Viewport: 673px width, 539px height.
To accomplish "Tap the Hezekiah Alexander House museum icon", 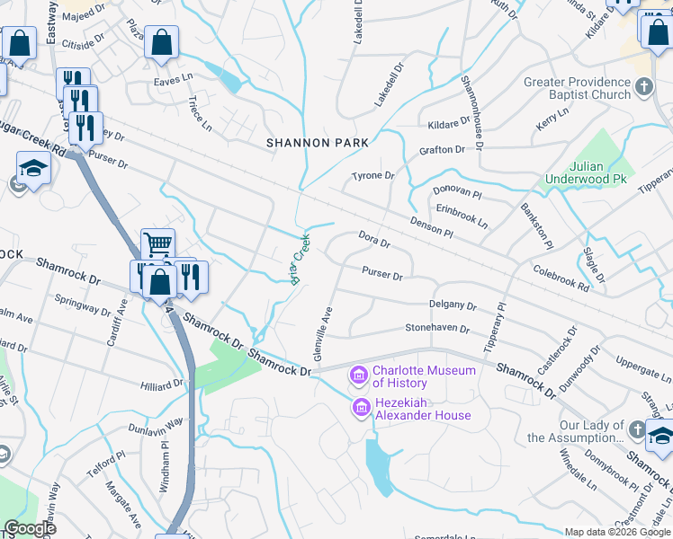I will (362, 407).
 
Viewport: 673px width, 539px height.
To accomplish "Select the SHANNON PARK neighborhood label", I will (318, 143).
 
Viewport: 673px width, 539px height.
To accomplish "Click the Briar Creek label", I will (301, 259).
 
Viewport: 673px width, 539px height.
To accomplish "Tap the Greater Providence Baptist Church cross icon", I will (643, 87).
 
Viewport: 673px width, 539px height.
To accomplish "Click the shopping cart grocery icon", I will (157, 243).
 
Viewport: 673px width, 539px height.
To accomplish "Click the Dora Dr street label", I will (373, 239).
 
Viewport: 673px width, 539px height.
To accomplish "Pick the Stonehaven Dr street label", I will (436, 329).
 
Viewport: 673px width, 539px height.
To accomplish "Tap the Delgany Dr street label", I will (453, 305).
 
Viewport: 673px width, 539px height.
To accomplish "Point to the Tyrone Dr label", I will (372, 176).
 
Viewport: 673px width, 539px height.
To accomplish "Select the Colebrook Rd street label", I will (561, 278).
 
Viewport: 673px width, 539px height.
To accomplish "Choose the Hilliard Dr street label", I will (162, 384).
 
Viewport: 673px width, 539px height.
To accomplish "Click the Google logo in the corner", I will (30, 528).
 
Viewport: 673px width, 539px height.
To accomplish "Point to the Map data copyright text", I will (616, 532).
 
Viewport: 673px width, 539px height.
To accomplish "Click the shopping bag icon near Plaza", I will (161, 41).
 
